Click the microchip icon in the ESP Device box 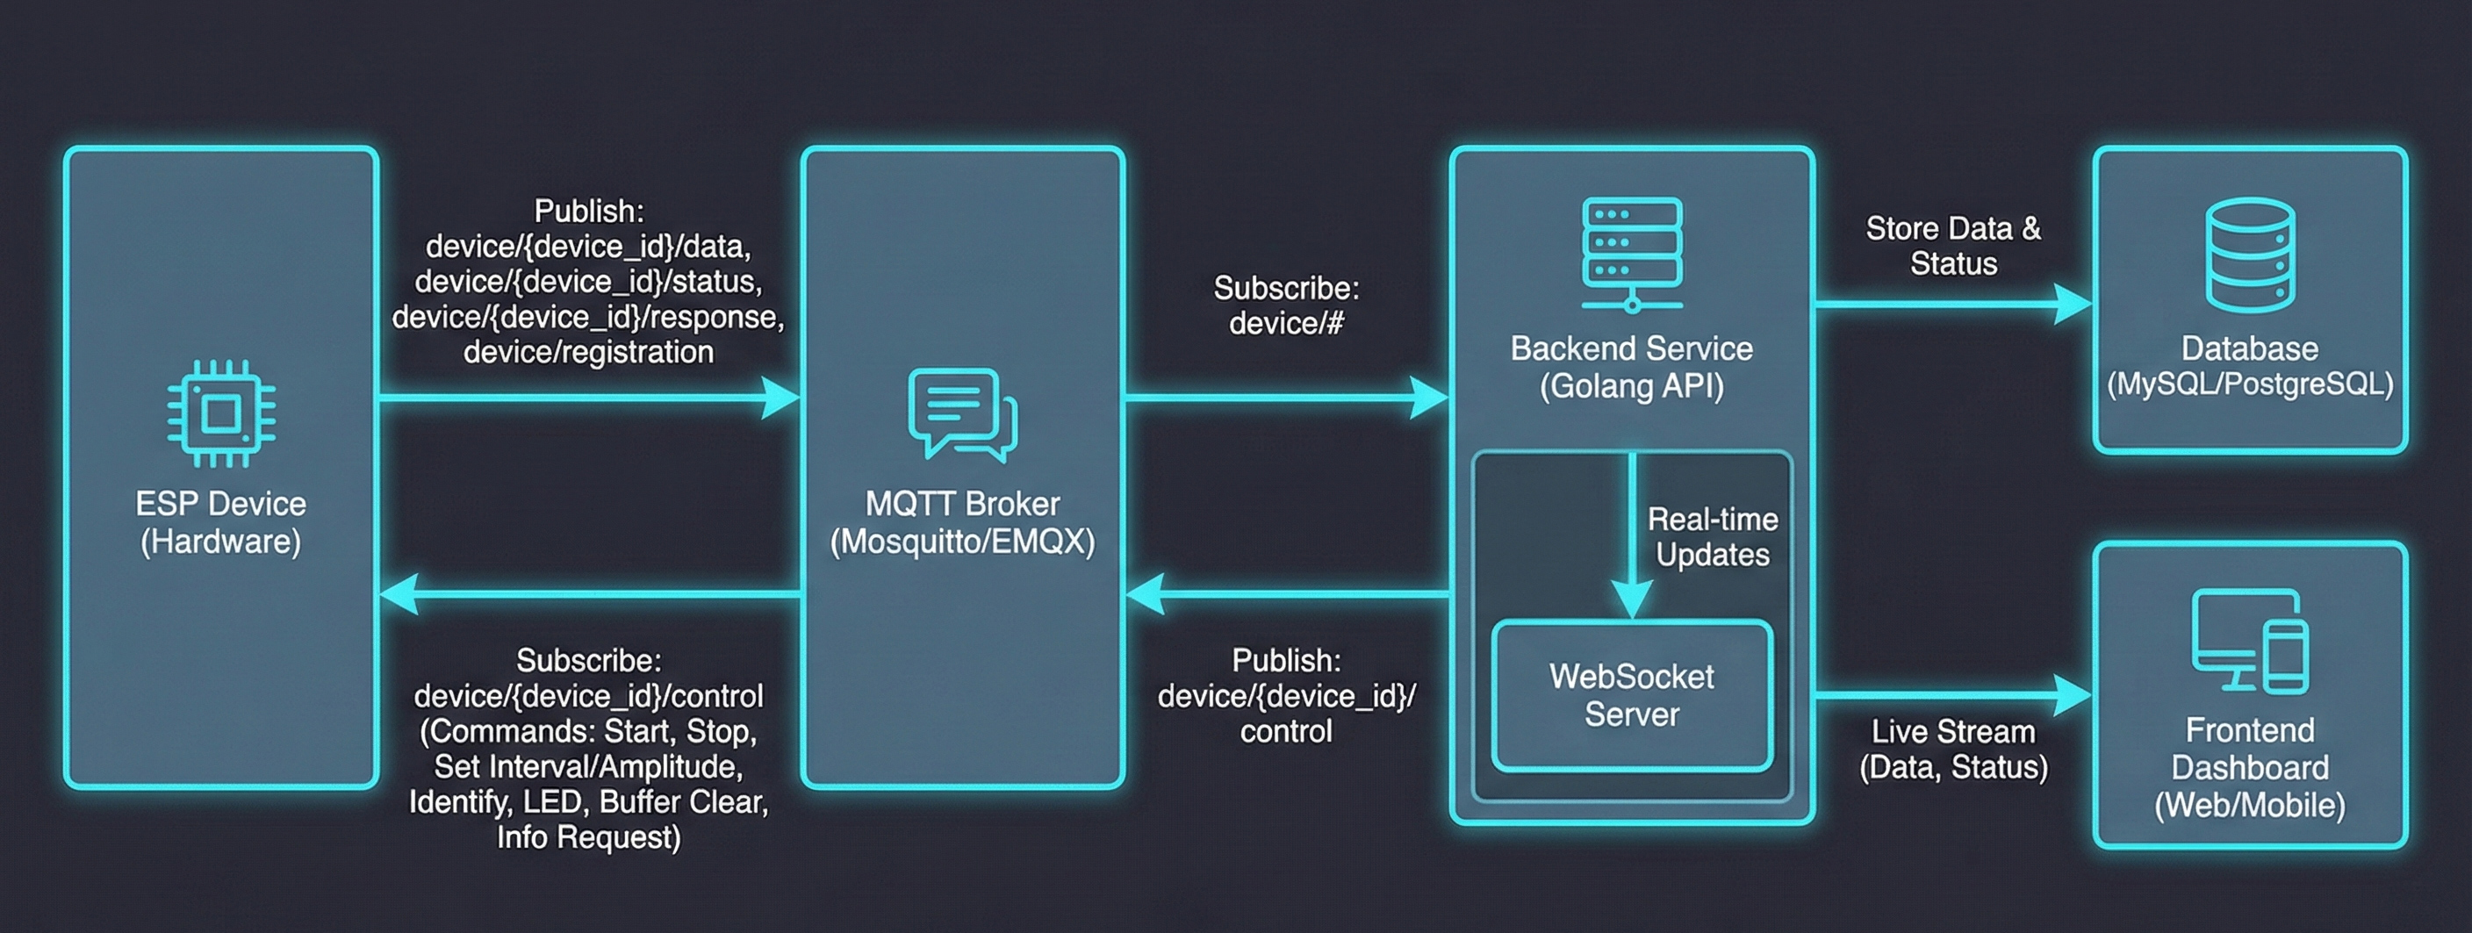coord(222,413)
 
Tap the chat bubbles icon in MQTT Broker coord(962,413)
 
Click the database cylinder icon coord(2249,255)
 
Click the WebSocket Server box coord(1631,696)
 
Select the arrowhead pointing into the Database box coord(2073,305)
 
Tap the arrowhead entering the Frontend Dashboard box coord(2073,695)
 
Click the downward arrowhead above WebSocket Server coord(1631,600)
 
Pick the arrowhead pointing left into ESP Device coord(399,594)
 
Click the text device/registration coord(588,352)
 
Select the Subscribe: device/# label coord(1286,305)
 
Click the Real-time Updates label coord(1712,536)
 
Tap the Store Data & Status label coord(1953,246)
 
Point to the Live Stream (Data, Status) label coord(1953,749)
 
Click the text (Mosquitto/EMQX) coord(962,542)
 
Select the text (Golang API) coord(1631,386)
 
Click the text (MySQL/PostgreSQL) coord(2249,384)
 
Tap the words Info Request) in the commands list coord(588,837)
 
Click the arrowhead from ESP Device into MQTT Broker coord(780,398)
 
